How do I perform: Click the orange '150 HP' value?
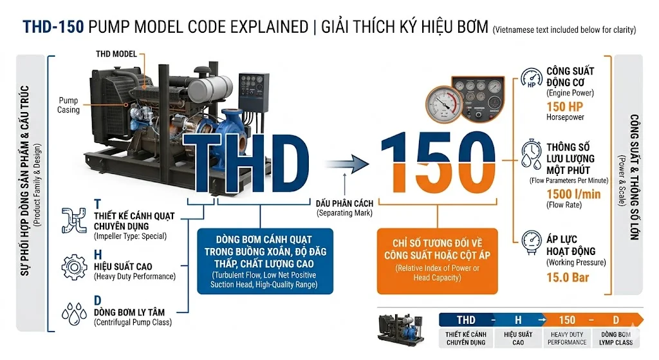565,106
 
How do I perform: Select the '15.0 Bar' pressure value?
567,278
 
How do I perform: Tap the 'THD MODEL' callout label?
116,54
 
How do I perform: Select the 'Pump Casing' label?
69,105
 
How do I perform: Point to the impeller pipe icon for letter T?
74,220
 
